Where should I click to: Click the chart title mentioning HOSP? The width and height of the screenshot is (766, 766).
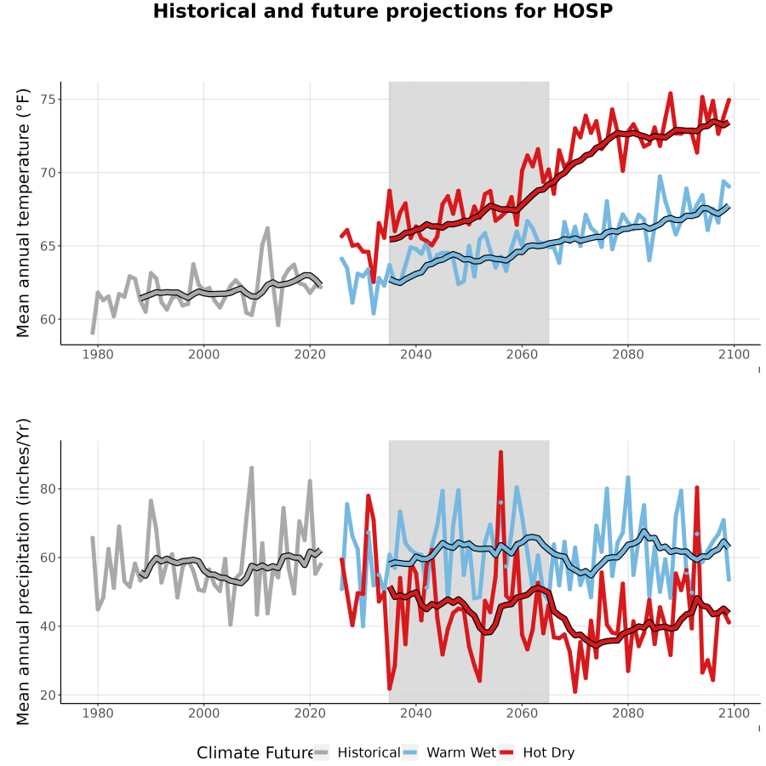tap(382, 11)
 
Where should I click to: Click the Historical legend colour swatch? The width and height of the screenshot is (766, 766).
tap(321, 752)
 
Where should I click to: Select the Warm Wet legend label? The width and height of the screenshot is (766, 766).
tap(461, 752)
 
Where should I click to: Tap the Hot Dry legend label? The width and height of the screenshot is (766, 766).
tap(549, 753)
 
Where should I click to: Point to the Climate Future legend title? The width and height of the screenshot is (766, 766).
tap(255, 752)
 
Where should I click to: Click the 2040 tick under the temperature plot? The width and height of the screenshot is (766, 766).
tap(415, 354)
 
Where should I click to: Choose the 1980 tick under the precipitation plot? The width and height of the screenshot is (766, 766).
tap(98, 712)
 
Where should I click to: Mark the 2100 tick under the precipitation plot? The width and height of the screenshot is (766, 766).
tap(734, 712)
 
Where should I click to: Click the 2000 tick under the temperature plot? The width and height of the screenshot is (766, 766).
tap(203, 354)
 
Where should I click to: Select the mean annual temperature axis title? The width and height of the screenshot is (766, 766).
tap(23, 213)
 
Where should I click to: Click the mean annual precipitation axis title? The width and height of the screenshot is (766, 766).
tap(23, 572)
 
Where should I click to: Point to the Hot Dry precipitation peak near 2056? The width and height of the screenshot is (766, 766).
tap(500, 453)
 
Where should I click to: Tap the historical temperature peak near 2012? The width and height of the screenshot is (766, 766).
tap(268, 227)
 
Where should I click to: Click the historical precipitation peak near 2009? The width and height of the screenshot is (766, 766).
tap(252, 467)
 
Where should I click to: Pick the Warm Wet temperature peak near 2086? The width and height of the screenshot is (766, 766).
tap(660, 176)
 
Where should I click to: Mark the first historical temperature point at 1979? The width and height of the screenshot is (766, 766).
tap(92, 333)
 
